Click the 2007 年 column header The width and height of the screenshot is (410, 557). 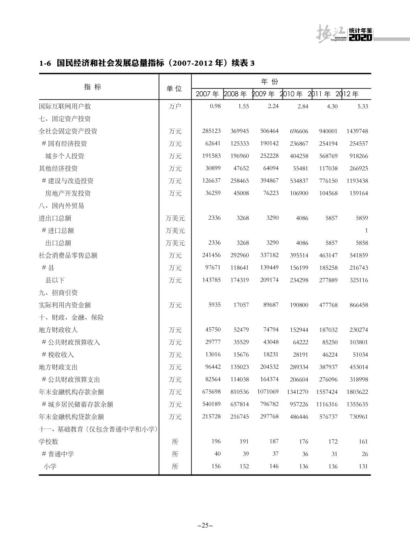coord(207,94)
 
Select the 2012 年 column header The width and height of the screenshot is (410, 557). coord(347,94)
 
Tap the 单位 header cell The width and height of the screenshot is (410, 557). coord(174,89)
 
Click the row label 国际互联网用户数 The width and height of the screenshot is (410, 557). coord(65,106)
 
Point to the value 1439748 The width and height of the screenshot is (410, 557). coord(357,131)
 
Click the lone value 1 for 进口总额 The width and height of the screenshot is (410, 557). coord(366,230)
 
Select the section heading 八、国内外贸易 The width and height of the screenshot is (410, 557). coord(61,206)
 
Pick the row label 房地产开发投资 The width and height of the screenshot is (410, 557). coord(68,193)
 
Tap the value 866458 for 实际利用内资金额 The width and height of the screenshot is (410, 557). coord(359,305)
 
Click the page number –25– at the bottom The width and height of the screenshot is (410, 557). coord(205,525)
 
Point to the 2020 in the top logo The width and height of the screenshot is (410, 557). coord(360,37)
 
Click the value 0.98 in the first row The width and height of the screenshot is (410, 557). coord(215,106)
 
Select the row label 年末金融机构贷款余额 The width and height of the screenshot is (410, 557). coord(71,417)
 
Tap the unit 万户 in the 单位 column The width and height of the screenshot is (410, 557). coord(175,106)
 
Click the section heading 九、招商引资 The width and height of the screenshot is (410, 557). coord(58,293)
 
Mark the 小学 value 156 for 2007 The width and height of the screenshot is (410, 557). coord(216,466)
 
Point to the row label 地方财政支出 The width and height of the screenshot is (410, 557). coord(58,367)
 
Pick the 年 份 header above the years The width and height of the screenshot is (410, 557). coord(270,82)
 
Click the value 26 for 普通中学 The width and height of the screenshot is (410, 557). coord(365,454)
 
